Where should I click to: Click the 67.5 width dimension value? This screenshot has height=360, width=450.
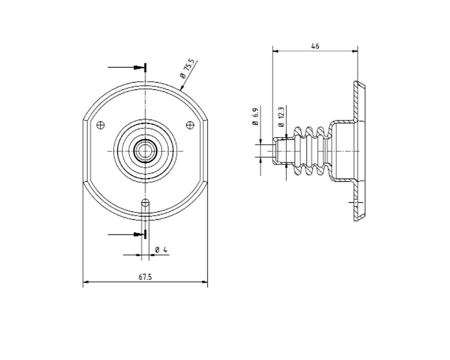click(x=145, y=277)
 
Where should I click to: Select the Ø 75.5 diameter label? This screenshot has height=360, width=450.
click(x=187, y=70)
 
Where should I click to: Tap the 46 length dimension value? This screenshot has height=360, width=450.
click(x=315, y=46)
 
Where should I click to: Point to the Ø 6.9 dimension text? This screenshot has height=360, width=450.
click(x=256, y=117)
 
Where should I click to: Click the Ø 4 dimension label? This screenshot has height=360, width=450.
click(x=161, y=250)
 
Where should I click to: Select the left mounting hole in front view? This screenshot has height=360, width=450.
click(x=101, y=124)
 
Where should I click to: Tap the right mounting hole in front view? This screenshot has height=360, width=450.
click(x=190, y=124)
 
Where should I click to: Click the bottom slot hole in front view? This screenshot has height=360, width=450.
click(x=145, y=203)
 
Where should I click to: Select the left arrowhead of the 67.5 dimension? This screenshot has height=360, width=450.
click(x=85, y=282)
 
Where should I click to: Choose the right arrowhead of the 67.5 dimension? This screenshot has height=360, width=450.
click(x=205, y=282)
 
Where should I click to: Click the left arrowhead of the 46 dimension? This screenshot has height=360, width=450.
click(x=275, y=51)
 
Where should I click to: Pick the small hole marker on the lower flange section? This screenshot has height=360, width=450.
click(x=355, y=203)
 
